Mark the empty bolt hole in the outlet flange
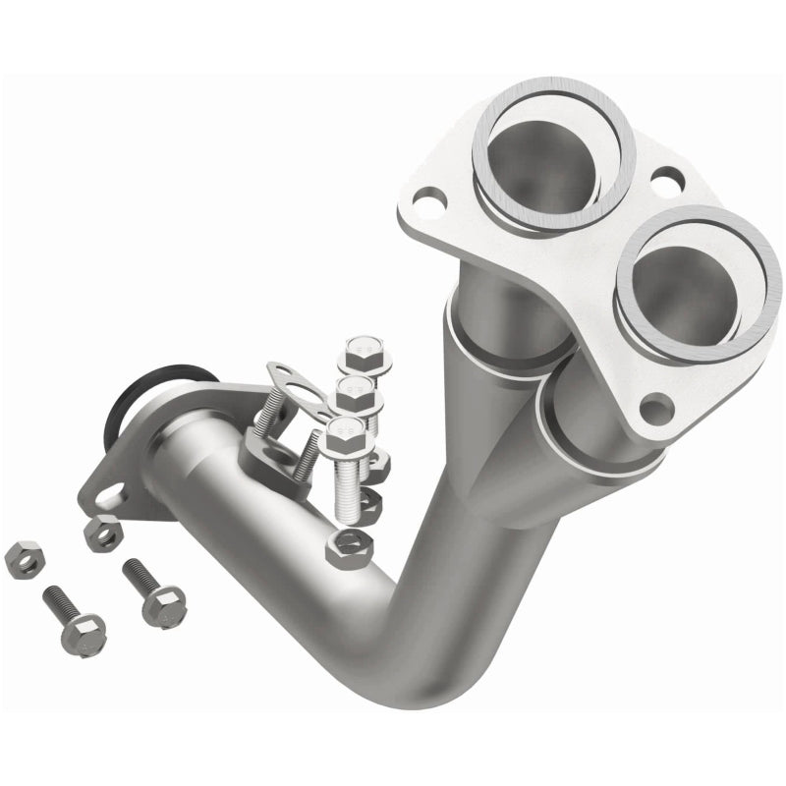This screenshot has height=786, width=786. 111,492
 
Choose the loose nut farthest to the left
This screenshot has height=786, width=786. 20,559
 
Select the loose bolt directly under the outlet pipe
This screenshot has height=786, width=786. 155,592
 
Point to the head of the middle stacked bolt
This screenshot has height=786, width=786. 355,391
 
